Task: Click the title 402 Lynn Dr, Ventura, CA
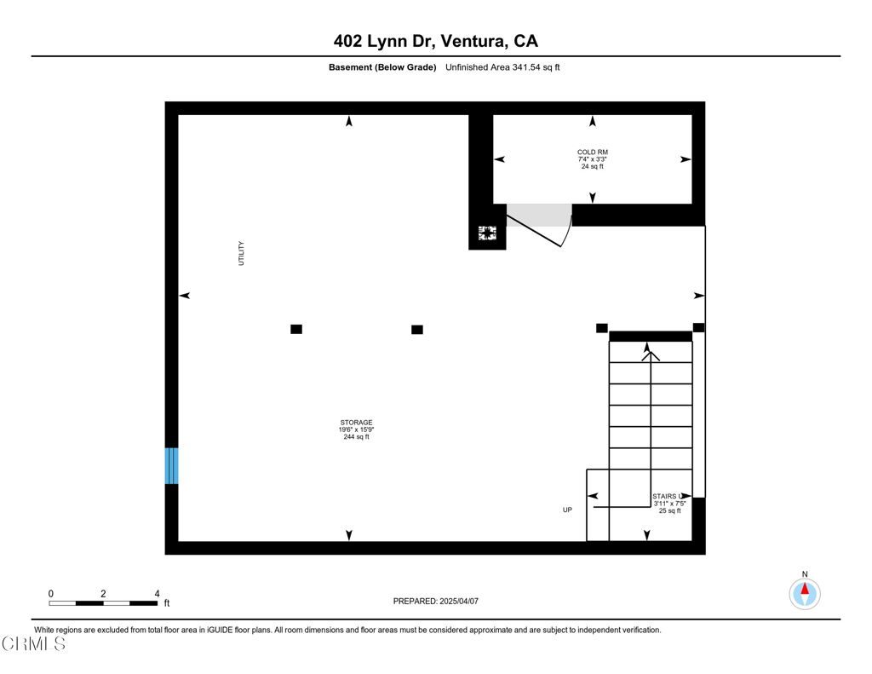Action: pos(435,41)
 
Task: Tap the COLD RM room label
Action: pos(593,152)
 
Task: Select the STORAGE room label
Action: pos(356,423)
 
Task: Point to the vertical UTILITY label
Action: pos(241,253)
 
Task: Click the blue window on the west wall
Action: pos(171,465)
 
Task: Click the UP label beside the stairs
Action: pos(567,510)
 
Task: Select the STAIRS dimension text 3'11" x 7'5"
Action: pos(670,504)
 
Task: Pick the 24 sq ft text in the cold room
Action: pos(593,166)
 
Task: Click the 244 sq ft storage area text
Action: pos(356,437)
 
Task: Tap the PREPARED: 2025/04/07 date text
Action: pos(436,601)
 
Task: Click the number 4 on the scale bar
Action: pos(157,593)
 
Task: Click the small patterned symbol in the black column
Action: pos(487,233)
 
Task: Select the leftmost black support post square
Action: pos(296,329)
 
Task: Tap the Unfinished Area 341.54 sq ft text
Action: pos(502,67)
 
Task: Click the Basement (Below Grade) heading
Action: pos(382,67)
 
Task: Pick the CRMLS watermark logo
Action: pos(34,644)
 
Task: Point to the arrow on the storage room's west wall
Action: pos(184,296)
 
